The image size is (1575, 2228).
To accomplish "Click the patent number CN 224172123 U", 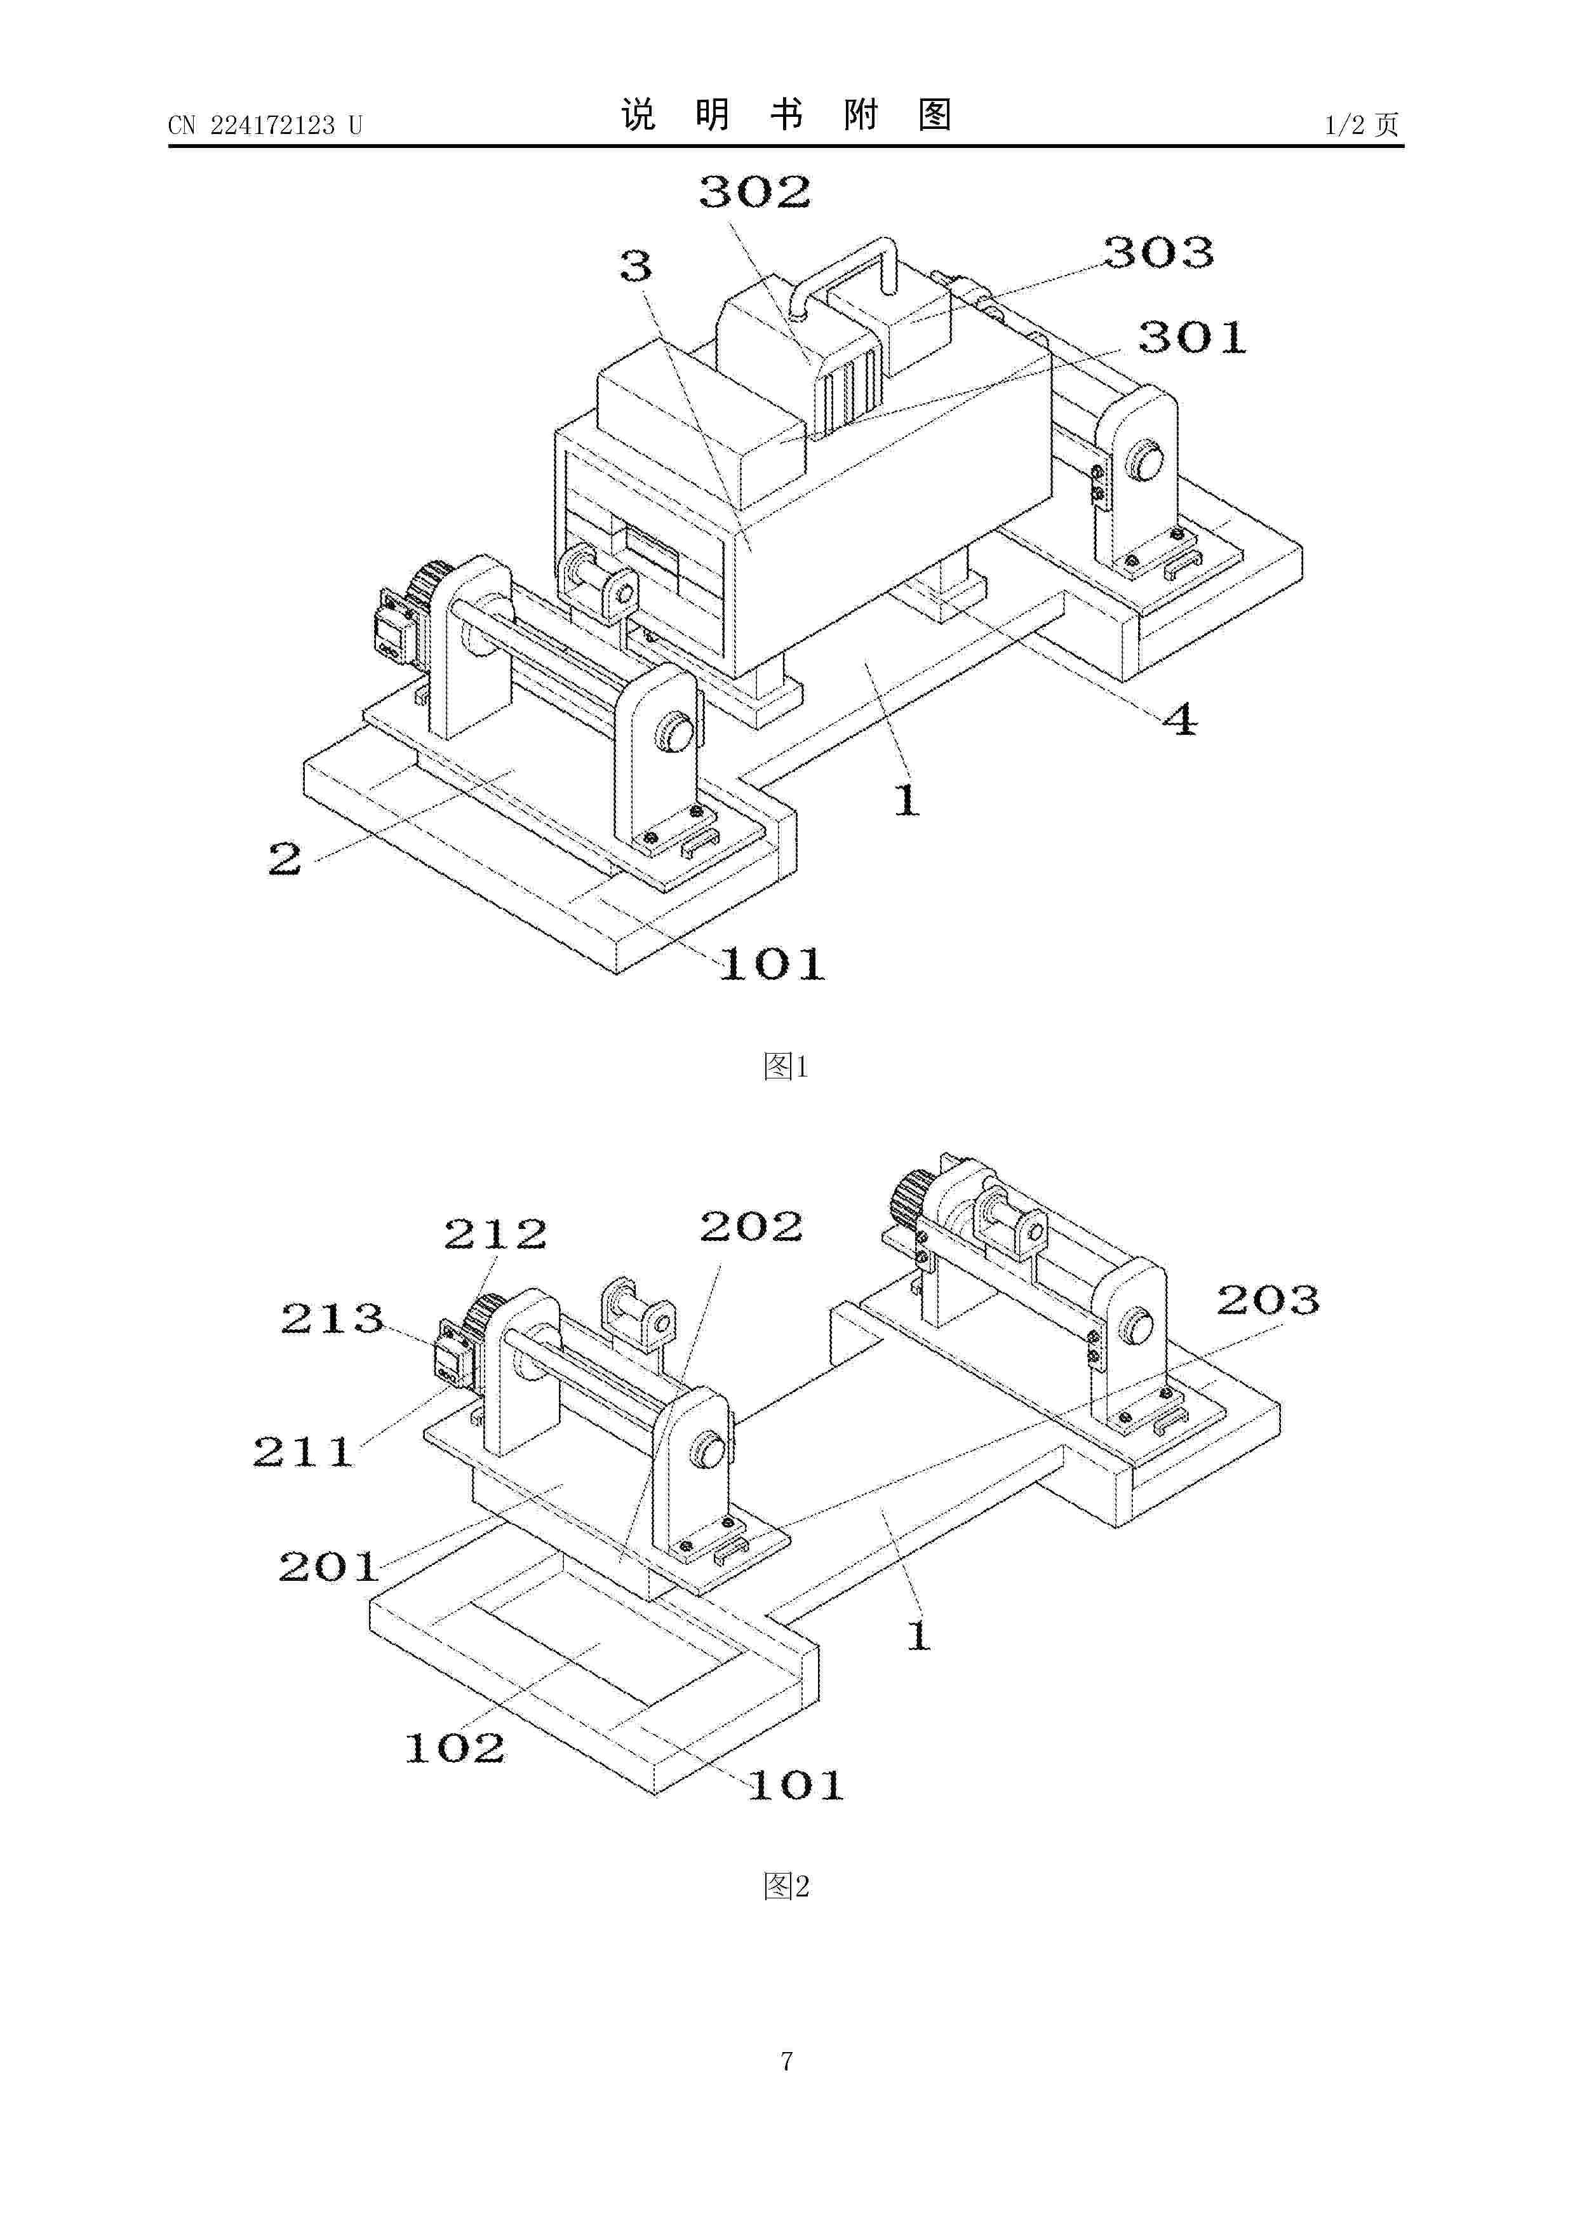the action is click(265, 125).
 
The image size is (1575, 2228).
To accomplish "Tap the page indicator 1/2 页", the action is click(1362, 124).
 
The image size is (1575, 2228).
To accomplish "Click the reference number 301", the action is click(1191, 338).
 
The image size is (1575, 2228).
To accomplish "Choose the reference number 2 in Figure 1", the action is click(285, 859).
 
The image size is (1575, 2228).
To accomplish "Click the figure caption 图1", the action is click(786, 1066).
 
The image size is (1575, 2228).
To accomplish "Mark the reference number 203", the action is click(1268, 1300).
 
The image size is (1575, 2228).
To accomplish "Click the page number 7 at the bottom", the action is click(787, 2061).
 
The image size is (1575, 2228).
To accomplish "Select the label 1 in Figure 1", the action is click(906, 800).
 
